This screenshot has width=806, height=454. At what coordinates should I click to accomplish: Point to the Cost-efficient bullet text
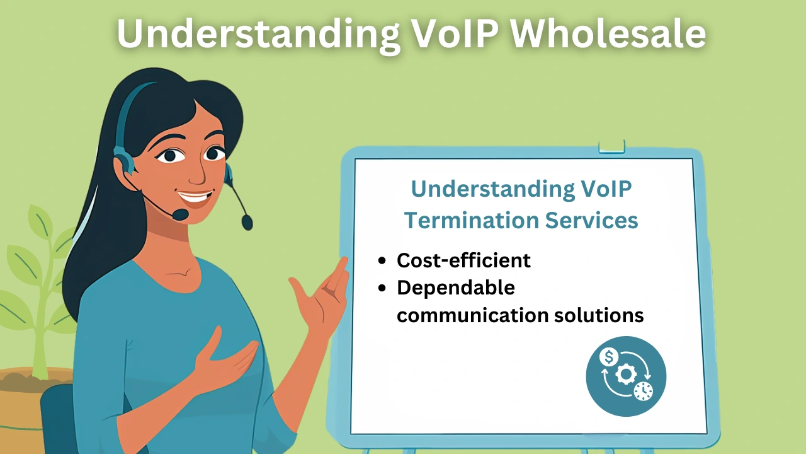[x=463, y=260]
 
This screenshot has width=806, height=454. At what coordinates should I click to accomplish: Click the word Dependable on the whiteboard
[x=456, y=288]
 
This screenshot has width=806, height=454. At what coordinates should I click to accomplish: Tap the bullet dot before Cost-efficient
[x=382, y=260]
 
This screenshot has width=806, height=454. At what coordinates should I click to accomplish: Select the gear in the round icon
[x=626, y=375]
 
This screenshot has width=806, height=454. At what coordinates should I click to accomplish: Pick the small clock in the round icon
[x=643, y=391]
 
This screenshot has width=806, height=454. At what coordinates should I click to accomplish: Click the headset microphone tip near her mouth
[x=180, y=214]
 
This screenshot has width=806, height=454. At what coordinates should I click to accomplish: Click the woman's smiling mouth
[x=196, y=198]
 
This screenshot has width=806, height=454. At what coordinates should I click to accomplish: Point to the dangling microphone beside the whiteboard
[x=247, y=221]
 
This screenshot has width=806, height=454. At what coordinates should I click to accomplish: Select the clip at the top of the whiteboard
[x=611, y=146]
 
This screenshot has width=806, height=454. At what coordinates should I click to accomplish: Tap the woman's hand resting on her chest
[x=227, y=363]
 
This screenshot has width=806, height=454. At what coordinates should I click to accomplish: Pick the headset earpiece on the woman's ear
[x=123, y=159]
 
